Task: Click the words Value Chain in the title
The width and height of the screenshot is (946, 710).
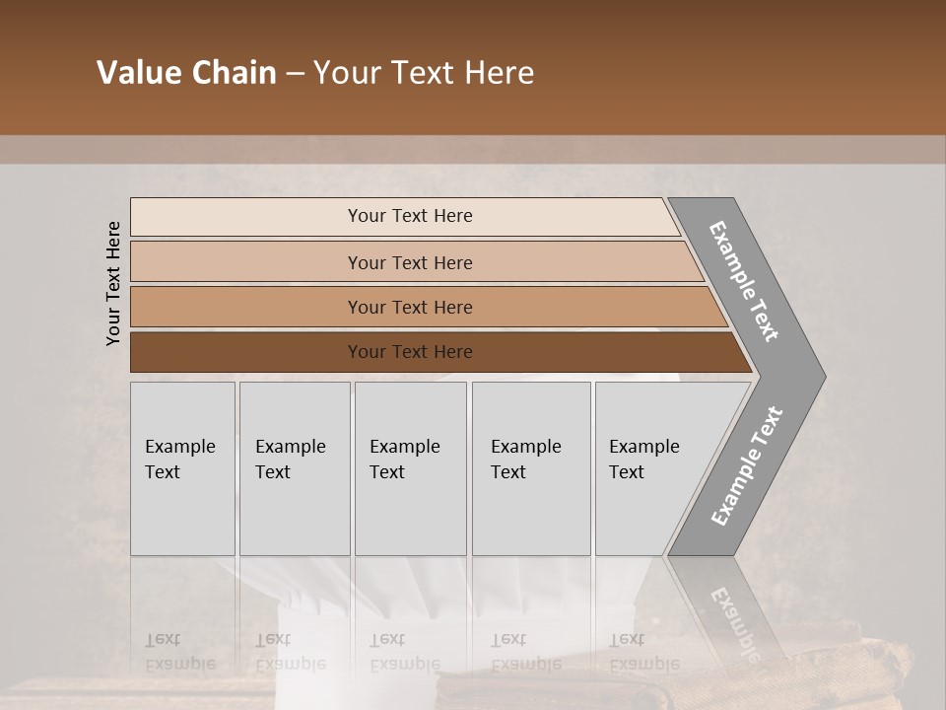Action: (x=186, y=73)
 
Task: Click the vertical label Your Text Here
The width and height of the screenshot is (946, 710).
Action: (x=113, y=283)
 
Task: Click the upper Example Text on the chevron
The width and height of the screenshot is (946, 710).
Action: (x=744, y=281)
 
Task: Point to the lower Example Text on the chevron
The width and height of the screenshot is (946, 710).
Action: (x=746, y=466)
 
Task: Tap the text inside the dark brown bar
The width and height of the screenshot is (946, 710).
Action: (x=410, y=352)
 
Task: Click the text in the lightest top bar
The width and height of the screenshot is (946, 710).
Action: (x=410, y=216)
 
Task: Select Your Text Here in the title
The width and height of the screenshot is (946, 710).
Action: (x=424, y=73)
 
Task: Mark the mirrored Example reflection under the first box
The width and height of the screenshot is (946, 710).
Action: (x=179, y=652)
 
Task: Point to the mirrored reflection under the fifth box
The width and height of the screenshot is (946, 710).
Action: (x=643, y=652)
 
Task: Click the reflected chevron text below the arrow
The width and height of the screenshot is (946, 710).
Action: (x=733, y=621)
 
